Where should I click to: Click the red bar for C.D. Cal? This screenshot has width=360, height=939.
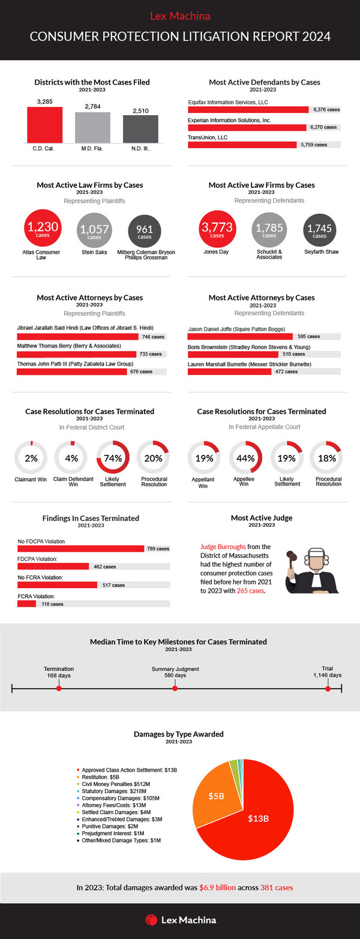coord(44,124)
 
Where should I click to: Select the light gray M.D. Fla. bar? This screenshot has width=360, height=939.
coord(92,127)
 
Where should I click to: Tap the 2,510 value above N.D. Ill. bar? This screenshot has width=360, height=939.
coord(140,110)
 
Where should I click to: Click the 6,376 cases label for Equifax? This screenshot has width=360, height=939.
coord(326,110)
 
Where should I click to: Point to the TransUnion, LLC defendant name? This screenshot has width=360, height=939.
coord(209,137)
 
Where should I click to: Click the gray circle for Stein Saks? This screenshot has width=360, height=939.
coord(94,229)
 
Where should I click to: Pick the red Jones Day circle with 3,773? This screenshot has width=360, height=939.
coord(217,229)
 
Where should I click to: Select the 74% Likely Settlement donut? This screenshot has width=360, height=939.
coord(113,458)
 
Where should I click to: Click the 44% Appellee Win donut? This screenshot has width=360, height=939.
coord(246,458)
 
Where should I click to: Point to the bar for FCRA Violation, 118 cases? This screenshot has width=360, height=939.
coord(27,604)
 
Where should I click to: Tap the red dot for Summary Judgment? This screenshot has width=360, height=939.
coord(175,688)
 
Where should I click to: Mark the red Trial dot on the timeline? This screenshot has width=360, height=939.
coord(328,688)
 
